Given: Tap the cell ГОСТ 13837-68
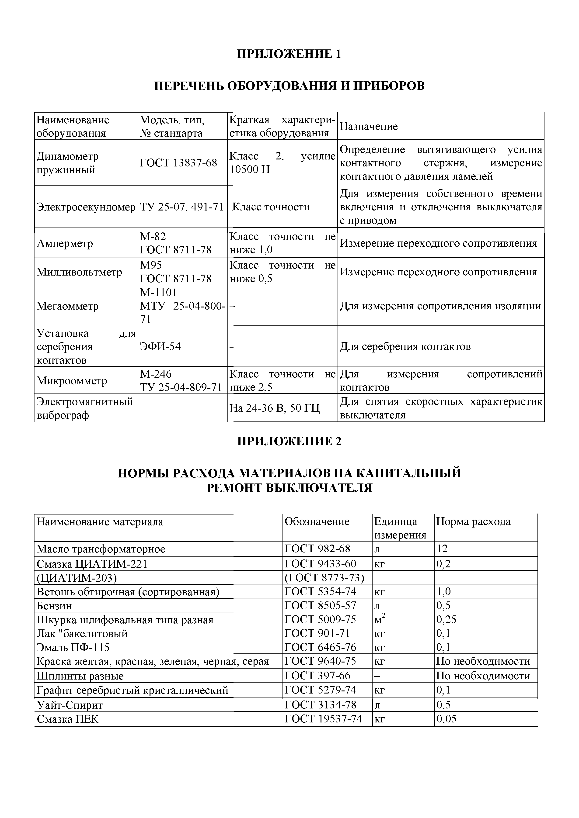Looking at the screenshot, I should [x=178, y=163].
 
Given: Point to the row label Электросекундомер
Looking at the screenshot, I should [x=86, y=207].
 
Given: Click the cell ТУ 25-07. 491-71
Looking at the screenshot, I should [x=182, y=207].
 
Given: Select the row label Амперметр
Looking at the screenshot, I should [x=65, y=243].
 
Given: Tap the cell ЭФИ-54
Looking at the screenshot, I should [x=160, y=346].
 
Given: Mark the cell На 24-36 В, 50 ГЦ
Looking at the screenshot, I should [x=275, y=408].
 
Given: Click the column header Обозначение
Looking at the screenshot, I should [x=317, y=521].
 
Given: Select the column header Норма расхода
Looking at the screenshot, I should [x=473, y=521].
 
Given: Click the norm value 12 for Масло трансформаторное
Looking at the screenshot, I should [x=442, y=549].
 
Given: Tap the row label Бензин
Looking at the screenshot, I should [x=54, y=606].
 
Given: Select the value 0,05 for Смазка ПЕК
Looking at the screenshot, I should [x=446, y=719].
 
